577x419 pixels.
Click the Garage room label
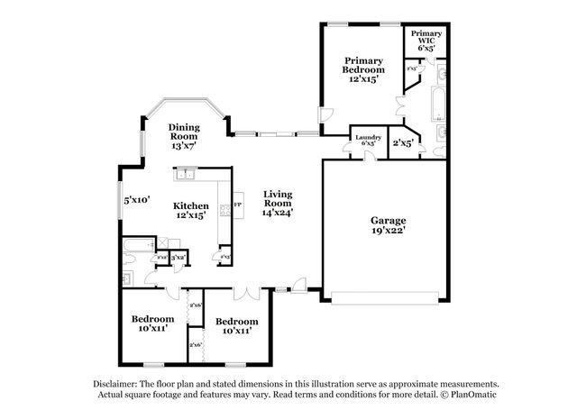tap(388, 220)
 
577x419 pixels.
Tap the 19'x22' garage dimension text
tap(388, 231)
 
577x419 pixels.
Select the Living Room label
tap(277, 198)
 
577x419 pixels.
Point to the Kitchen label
tap(191, 205)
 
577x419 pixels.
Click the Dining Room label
tap(184, 132)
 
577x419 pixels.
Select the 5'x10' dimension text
tap(137, 200)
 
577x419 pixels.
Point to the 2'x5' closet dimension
tap(401, 142)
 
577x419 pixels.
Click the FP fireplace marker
tap(237, 205)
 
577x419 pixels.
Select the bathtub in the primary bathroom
tap(437, 104)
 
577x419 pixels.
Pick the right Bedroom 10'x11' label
tap(237, 325)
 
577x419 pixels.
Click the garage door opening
tap(388, 296)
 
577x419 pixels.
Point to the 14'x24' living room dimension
tap(277, 213)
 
